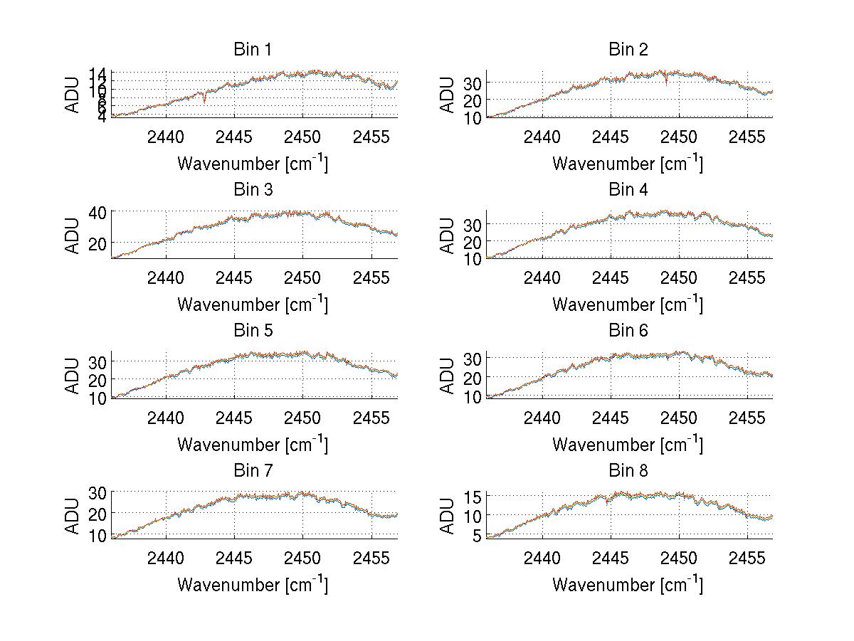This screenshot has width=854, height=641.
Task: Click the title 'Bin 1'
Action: [x=253, y=50]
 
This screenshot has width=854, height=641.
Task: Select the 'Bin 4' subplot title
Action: [x=628, y=190]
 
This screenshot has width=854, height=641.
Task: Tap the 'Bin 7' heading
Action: [x=253, y=471]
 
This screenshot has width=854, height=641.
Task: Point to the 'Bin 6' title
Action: [x=628, y=331]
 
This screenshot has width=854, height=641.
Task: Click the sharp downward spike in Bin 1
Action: [x=205, y=101]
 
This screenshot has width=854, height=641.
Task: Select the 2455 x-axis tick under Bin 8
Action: [x=747, y=557]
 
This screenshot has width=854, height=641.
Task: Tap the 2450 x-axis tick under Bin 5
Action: [x=303, y=417]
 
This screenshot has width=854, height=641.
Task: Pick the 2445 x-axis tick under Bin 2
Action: [x=610, y=136]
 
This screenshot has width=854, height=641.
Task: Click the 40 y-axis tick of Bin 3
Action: [x=98, y=212]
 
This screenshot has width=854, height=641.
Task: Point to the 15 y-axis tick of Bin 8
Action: [x=473, y=496]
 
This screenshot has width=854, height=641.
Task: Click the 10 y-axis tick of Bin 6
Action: [x=473, y=396]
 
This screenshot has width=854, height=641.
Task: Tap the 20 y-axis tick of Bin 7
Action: [x=98, y=513]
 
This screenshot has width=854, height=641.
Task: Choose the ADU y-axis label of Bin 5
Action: [x=73, y=376]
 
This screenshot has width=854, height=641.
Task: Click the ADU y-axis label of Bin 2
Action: [x=448, y=95]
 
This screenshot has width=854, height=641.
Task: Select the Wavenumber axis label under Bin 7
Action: [x=253, y=584]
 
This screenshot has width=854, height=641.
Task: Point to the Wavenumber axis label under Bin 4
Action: [x=628, y=304]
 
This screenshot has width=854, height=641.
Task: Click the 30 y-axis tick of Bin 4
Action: [x=473, y=225]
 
